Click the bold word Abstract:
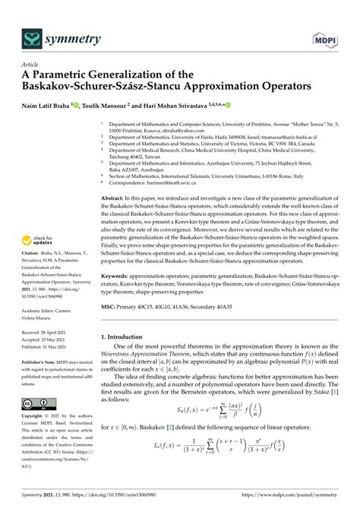(115, 196)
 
